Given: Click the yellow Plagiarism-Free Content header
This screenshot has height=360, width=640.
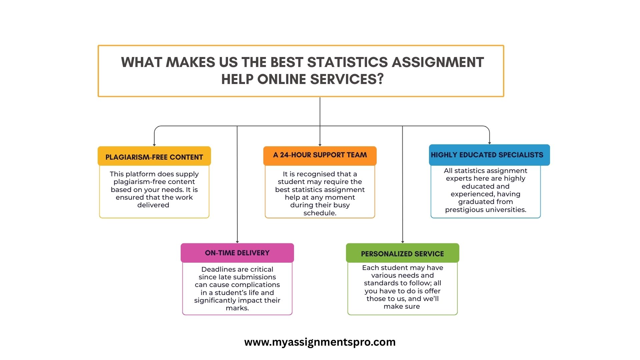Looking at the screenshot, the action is [154, 156].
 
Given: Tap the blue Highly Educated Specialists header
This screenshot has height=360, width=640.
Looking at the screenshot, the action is [489, 155].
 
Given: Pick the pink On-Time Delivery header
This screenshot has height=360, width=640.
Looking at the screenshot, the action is [237, 253].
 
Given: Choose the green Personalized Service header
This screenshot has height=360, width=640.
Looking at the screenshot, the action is [403, 253].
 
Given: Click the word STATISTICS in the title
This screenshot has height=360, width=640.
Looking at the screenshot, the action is [347, 62].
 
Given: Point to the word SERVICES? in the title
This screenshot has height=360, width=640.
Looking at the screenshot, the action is [347, 79].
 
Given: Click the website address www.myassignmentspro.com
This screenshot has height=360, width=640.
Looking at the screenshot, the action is [320, 342].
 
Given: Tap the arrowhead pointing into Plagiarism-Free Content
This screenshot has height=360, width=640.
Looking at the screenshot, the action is [154, 145].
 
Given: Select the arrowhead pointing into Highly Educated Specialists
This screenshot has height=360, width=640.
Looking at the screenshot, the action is [490, 143].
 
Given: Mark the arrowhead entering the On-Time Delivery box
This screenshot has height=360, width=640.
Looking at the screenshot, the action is [237, 242].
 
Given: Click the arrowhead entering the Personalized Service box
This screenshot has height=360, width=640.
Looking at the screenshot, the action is [403, 242].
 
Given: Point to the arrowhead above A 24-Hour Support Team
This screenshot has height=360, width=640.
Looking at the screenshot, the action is [320, 145].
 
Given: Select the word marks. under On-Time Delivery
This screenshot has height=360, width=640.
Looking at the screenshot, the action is [237, 308].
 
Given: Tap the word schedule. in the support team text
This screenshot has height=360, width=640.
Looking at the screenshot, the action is [320, 213].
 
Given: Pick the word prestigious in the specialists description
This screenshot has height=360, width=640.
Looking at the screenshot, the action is [464, 210].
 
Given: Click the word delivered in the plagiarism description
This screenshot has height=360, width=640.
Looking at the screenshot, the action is [153, 205].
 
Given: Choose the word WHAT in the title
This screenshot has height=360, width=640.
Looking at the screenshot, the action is [142, 62].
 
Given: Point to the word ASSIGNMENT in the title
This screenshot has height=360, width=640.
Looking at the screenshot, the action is [438, 62].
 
